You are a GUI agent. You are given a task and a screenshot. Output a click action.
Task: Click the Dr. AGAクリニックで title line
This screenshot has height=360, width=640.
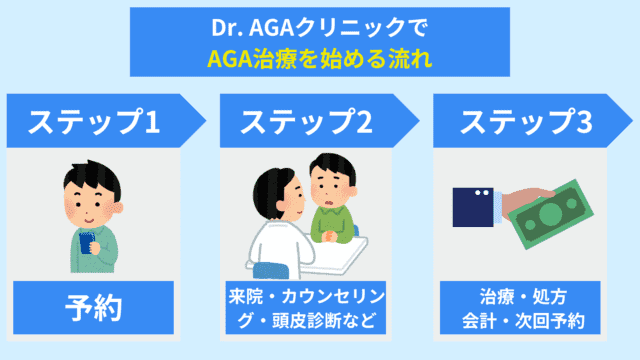pyautogui.click(x=319, y=30)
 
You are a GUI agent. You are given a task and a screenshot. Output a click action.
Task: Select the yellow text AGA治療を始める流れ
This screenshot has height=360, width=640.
pyautogui.click(x=319, y=58)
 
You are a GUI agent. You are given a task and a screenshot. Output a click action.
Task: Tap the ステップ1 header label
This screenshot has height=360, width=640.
pyautogui.click(x=95, y=123)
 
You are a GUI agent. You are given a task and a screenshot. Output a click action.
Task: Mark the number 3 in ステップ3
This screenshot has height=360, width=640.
pyautogui.click(x=583, y=123)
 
